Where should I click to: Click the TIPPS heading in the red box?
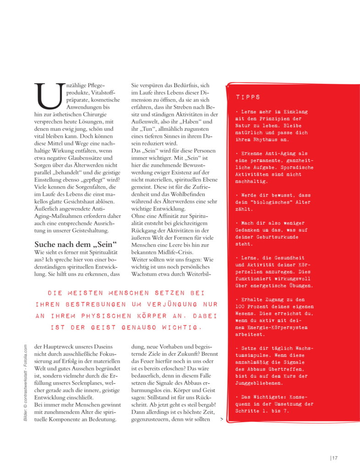click(x=248, y=97)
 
